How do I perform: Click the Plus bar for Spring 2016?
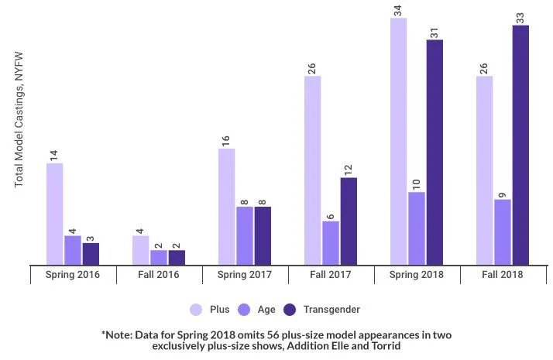[x=55, y=214]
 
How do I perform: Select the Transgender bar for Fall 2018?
[x=520, y=146]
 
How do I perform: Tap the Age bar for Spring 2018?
[x=417, y=228]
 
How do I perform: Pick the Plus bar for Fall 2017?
[x=312, y=170]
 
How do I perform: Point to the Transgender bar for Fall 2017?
[x=349, y=221]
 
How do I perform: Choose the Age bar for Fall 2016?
[x=159, y=258]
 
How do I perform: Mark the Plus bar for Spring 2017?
[x=226, y=207]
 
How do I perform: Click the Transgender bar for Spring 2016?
[x=91, y=254]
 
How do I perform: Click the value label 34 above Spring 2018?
[x=398, y=11]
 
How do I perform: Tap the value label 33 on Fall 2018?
[x=520, y=18]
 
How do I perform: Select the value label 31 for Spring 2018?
[x=434, y=33]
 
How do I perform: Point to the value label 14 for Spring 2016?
[x=54, y=156]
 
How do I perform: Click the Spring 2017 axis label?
[x=245, y=275]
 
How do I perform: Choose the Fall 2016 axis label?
[x=158, y=275]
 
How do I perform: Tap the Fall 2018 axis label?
[x=502, y=275]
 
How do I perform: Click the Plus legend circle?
[x=196, y=310]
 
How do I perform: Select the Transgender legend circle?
[x=290, y=310]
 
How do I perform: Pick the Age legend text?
[x=266, y=310]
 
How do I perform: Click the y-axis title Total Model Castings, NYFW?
[x=19, y=120]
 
